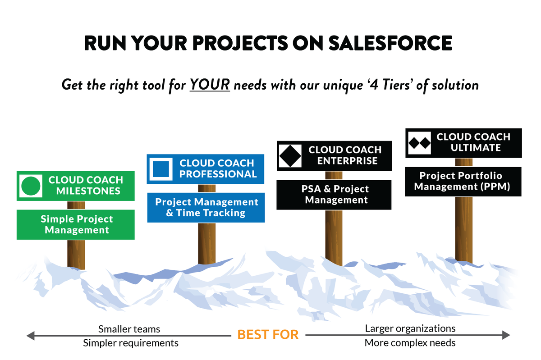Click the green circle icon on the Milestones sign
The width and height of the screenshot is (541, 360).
pos(31,186)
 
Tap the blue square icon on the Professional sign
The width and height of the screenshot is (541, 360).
pos(161,169)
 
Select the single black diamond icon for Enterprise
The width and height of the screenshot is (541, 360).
pos(290,155)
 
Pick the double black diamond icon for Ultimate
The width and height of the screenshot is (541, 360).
pos(420,143)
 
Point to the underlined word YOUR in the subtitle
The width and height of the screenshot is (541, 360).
pos(210,84)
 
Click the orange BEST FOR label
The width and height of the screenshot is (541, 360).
pos(268,335)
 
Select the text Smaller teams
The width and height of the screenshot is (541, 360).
pos(129,328)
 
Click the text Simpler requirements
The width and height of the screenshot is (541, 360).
pos(131,343)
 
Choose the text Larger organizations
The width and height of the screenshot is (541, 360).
pos(410,328)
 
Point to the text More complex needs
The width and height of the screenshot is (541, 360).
pos(410,343)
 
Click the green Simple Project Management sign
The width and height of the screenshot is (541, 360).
pos(76,224)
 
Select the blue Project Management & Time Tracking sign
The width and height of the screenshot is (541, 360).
pos(206,208)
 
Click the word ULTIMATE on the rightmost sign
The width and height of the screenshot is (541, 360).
pos(476,148)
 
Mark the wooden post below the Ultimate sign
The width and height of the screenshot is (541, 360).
pos(463,230)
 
